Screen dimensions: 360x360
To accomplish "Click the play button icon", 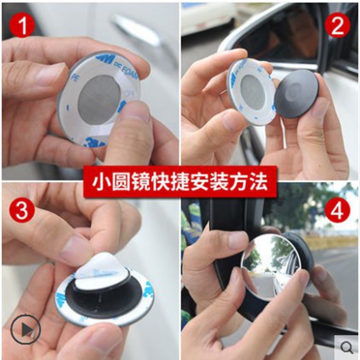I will (x=25, y=329).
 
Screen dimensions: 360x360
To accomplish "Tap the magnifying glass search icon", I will (x=346, y=346).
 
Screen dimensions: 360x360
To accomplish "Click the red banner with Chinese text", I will (x=180, y=182).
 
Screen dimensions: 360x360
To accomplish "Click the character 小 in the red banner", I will (x=101, y=182).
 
